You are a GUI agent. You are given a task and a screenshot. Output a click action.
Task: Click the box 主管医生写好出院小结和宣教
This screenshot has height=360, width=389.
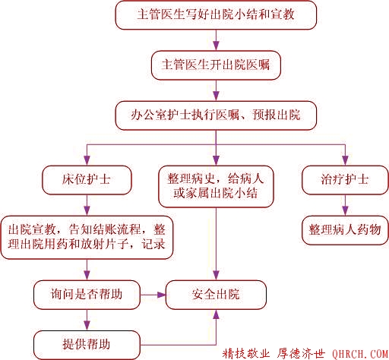[x=216, y=15]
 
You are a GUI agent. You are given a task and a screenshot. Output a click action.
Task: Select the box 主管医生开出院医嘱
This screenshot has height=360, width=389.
[x=216, y=65]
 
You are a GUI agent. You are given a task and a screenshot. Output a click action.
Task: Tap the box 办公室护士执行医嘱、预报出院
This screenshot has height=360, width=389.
[x=216, y=115]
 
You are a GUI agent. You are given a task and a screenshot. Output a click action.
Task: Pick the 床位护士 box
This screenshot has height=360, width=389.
[x=87, y=180]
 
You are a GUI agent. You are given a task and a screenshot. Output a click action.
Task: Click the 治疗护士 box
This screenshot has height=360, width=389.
[x=345, y=180]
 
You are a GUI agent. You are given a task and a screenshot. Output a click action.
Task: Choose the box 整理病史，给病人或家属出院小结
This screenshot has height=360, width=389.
[x=216, y=187]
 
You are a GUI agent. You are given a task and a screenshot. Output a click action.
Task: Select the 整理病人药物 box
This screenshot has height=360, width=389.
[x=345, y=230]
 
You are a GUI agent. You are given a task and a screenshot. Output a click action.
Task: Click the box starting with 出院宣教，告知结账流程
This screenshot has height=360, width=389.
[x=87, y=237]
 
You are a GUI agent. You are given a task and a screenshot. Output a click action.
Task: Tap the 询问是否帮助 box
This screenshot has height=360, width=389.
[x=87, y=295]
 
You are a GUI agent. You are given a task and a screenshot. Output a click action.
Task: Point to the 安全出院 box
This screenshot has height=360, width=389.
[x=216, y=295]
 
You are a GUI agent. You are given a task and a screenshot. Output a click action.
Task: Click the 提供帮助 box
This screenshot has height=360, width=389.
[x=87, y=345]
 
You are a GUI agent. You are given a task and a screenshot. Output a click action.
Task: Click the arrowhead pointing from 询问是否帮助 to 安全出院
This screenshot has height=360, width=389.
[x=161, y=295]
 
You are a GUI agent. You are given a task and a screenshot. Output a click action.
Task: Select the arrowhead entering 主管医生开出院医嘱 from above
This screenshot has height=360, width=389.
[x=216, y=46]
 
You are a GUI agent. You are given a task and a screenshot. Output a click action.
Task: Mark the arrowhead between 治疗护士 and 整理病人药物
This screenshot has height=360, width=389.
[x=345, y=211]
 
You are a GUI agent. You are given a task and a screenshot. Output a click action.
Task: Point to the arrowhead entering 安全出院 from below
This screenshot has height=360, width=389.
[x=216, y=314]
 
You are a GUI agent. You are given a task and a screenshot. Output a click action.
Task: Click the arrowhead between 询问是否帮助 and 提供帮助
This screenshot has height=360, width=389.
[x=87, y=326]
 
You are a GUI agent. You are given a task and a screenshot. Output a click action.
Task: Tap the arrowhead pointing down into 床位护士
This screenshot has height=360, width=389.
[x=87, y=161]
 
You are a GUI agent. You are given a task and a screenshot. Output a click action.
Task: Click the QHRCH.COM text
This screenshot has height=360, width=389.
[x=360, y=354]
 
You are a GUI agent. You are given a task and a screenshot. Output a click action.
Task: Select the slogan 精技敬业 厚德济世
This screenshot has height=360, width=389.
[x=274, y=353]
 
